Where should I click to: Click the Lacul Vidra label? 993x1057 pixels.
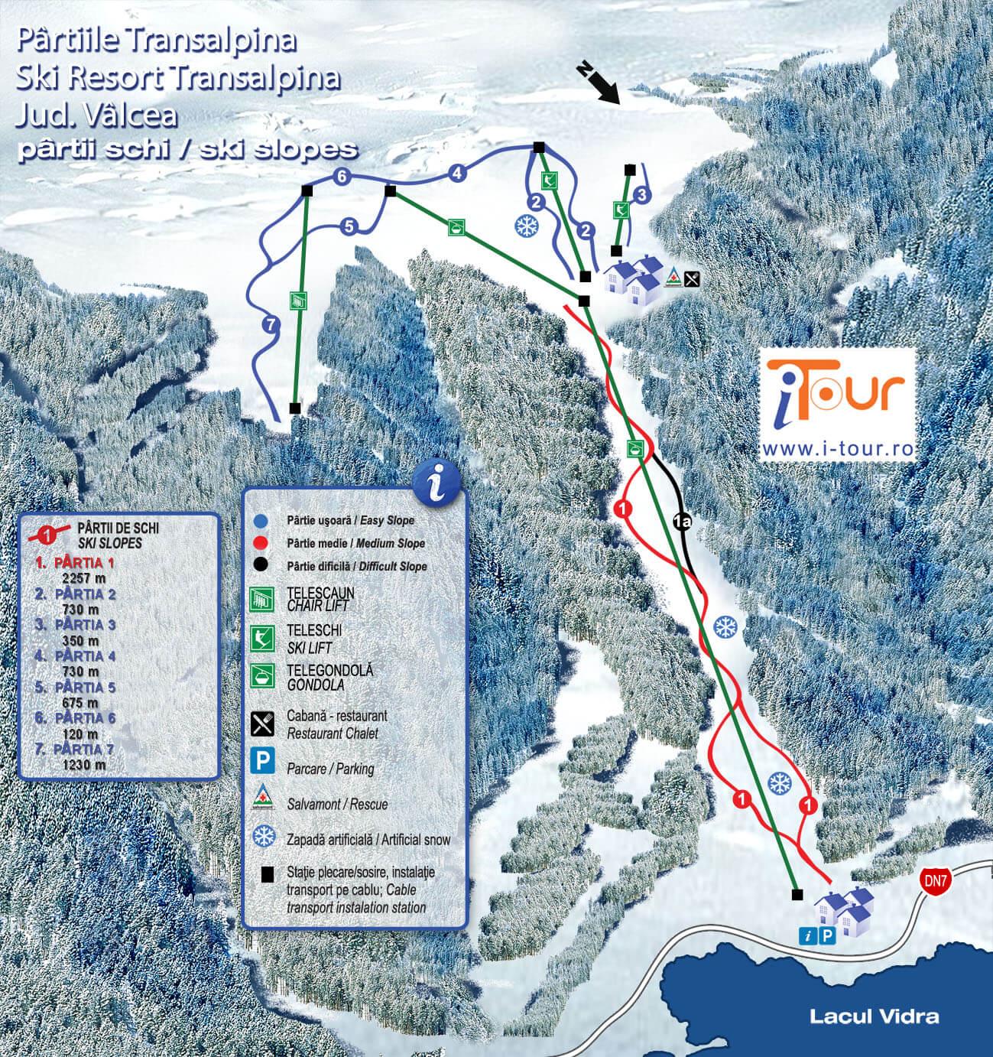coord(874,1016)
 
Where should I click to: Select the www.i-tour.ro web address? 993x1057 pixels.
coord(838,447)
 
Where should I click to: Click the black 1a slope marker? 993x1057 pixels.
coord(683,523)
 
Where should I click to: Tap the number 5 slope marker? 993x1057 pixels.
coord(349,226)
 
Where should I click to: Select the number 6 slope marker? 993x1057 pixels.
coord(342,177)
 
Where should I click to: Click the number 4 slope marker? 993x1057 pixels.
coord(457,173)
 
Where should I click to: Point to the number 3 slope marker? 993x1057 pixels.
coord(642,195)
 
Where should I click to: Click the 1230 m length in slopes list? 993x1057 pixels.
coord(84,764)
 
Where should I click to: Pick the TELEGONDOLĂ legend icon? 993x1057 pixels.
coord(263,675)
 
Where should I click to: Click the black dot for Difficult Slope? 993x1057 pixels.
coord(262,566)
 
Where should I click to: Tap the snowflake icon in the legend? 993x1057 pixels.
coord(264,837)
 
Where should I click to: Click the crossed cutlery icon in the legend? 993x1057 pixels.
coord(263,723)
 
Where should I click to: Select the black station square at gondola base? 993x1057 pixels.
coord(797,894)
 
